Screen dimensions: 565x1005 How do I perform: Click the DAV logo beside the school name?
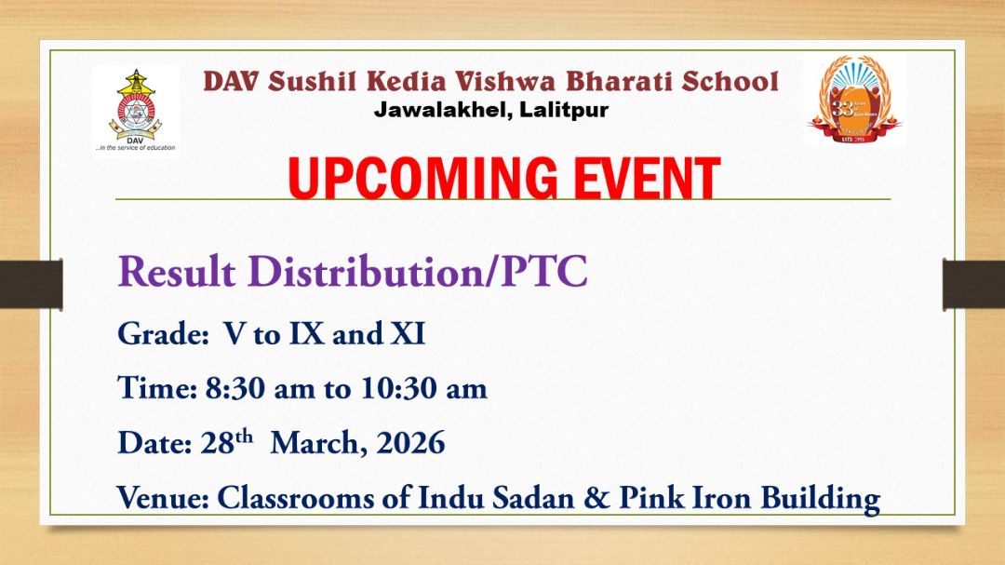pos(135,108)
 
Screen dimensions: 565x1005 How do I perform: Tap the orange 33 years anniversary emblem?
pos(853,101)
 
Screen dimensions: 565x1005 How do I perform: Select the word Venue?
pos(159,498)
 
